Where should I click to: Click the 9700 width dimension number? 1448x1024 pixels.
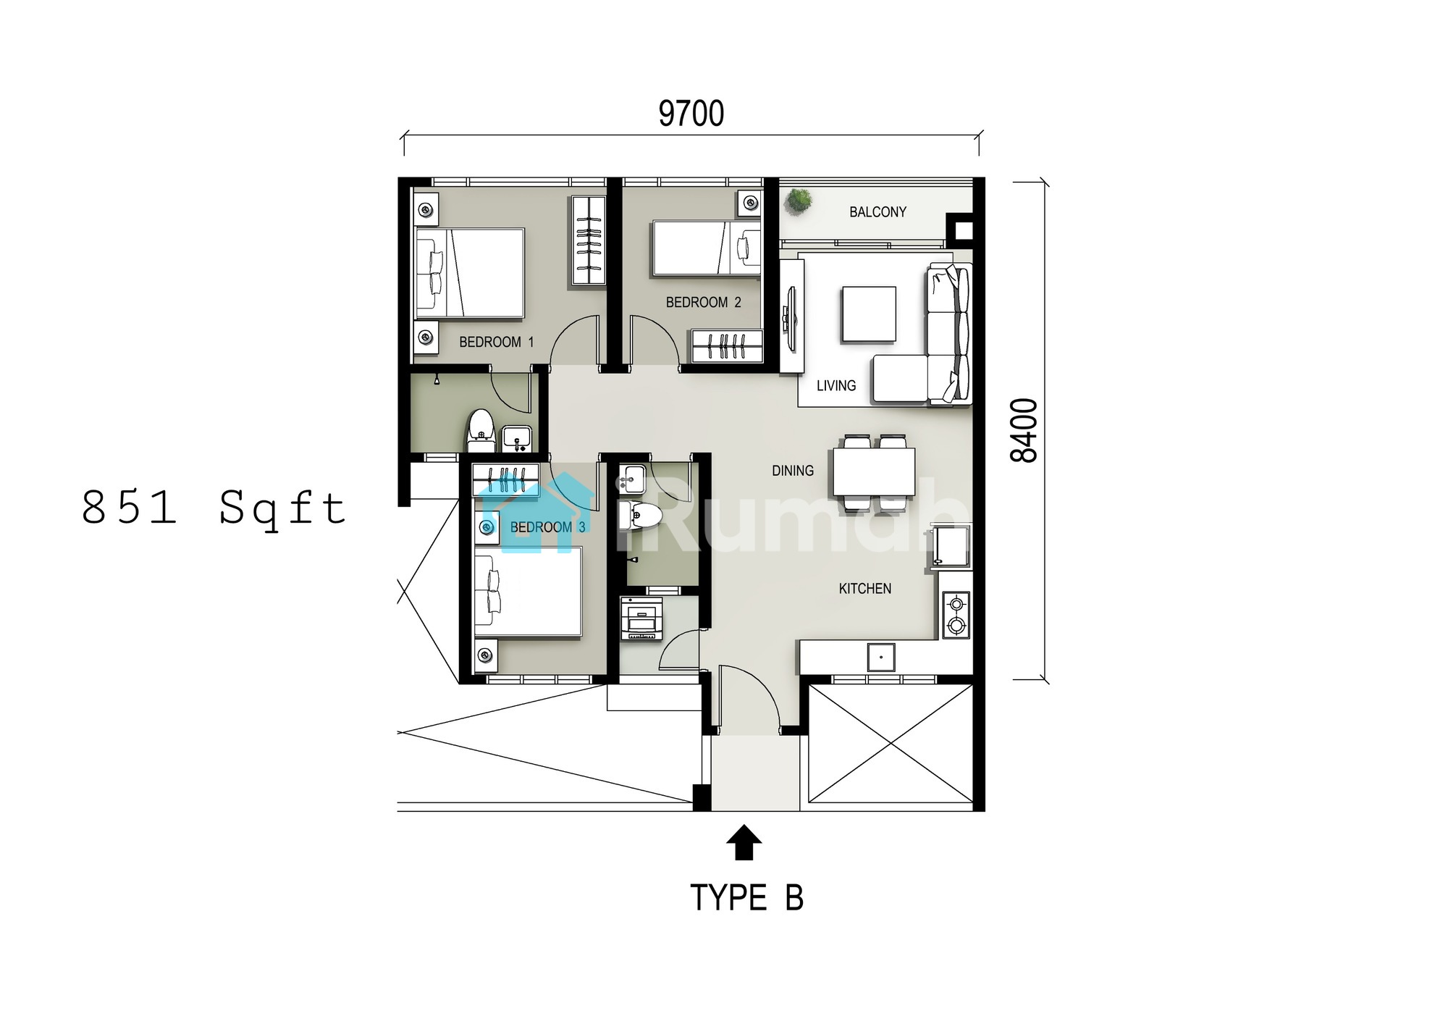click(691, 114)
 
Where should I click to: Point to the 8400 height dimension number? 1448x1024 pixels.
click(1024, 430)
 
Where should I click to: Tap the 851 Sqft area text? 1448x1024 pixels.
click(214, 508)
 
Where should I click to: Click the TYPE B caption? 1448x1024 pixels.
click(746, 898)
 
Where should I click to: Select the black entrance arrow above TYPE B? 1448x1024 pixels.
click(744, 842)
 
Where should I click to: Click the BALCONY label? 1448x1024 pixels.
click(877, 212)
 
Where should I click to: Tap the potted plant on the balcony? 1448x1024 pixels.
click(799, 200)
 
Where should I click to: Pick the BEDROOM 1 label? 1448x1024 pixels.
click(496, 342)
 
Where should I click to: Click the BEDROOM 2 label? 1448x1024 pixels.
click(703, 302)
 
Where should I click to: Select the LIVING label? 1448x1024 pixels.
click(836, 386)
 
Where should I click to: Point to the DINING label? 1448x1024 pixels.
click(793, 471)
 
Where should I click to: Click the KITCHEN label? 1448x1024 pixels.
click(865, 589)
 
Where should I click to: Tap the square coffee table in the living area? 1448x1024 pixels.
click(869, 314)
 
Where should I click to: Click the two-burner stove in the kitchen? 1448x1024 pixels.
click(956, 614)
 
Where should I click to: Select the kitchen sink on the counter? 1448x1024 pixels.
click(881, 658)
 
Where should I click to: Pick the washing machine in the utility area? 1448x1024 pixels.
click(641, 618)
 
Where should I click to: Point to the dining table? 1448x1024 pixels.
click(874, 471)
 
